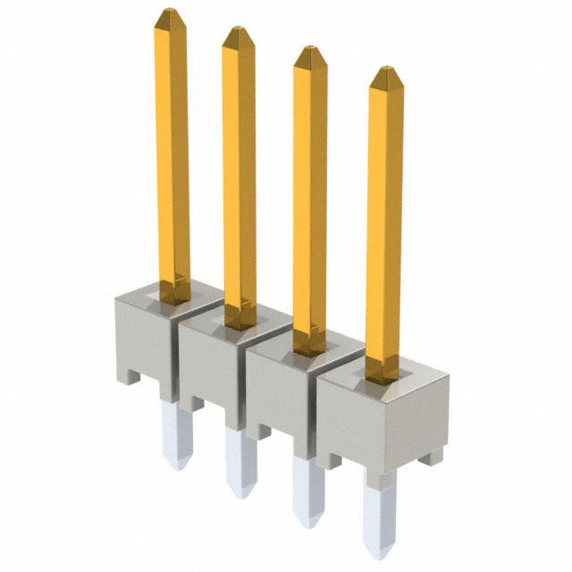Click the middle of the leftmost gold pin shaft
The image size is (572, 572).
click(172, 152)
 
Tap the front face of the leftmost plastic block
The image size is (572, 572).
click(141, 344)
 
